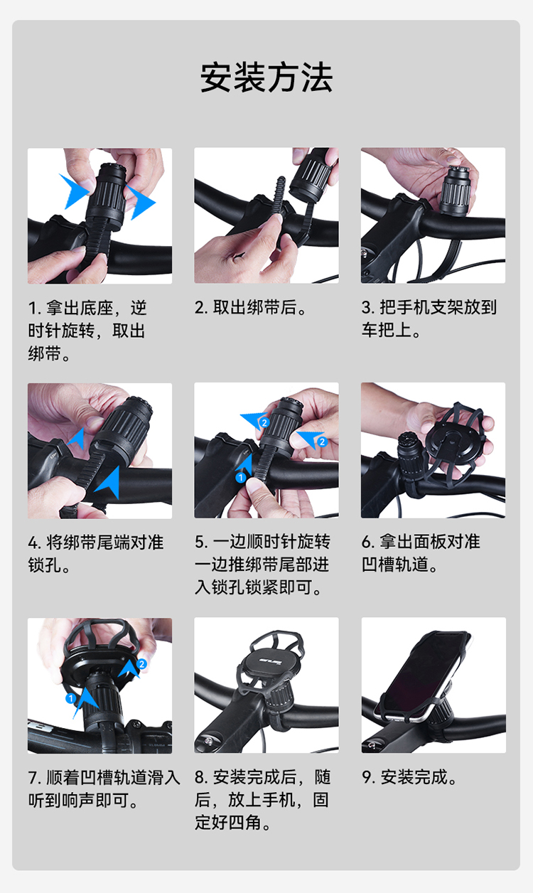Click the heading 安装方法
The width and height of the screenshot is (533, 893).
266,77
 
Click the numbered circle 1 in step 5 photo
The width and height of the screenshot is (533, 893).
240,477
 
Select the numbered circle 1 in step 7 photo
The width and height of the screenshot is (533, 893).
70,698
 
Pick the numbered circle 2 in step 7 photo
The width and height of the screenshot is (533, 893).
141,664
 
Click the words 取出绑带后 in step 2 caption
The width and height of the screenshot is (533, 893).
255,307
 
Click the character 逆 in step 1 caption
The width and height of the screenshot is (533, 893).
139,308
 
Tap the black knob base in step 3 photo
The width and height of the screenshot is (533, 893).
456,192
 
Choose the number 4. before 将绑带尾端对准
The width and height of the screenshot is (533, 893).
35,543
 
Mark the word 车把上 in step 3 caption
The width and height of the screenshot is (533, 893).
387,330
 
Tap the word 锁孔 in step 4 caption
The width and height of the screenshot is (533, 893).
45,565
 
